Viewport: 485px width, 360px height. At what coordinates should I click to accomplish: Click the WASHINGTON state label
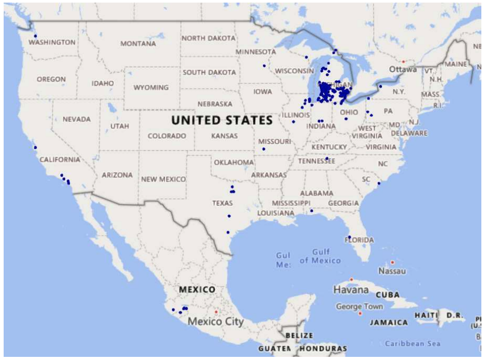click(x=52, y=42)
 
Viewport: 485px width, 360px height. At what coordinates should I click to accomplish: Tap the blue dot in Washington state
click(x=35, y=36)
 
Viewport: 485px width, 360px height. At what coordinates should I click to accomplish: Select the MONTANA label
click(x=138, y=44)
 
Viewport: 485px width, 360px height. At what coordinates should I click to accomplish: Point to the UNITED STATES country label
click(x=222, y=120)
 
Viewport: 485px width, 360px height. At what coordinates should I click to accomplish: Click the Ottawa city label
click(x=403, y=69)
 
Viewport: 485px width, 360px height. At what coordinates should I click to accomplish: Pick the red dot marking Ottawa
click(x=403, y=62)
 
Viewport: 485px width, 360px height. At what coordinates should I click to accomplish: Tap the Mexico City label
click(x=216, y=321)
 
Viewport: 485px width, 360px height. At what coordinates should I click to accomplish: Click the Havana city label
click(x=351, y=289)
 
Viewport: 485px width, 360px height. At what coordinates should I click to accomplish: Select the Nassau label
click(x=392, y=271)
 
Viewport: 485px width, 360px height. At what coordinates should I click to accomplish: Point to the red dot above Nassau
click(x=392, y=262)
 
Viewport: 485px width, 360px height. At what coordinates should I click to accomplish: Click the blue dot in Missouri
click(x=264, y=150)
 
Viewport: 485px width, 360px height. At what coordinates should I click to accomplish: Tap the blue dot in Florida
click(x=350, y=237)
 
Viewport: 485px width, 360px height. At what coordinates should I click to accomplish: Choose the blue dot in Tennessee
click(x=327, y=159)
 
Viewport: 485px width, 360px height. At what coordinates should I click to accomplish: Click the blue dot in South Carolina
click(x=379, y=183)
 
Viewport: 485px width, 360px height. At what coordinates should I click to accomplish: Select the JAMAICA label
click(x=389, y=322)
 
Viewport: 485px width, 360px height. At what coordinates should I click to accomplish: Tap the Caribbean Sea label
click(x=412, y=343)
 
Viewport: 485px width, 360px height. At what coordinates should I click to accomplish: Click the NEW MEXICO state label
click(x=164, y=179)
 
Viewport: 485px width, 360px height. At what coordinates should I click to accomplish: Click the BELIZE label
click(x=299, y=336)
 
